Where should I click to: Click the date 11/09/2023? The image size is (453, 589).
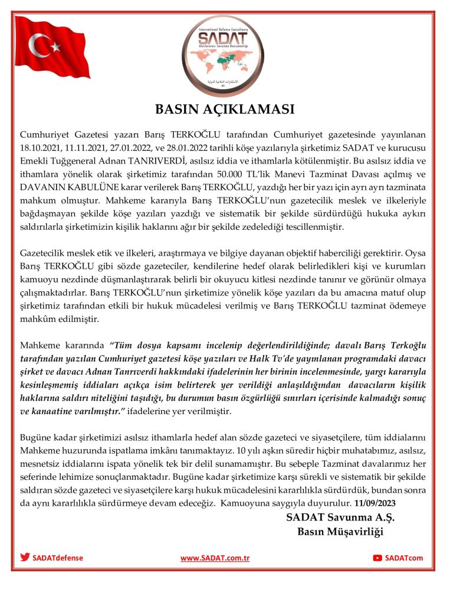[x=376, y=503]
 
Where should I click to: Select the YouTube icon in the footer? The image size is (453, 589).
[x=377, y=558]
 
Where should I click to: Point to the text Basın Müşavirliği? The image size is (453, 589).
[x=340, y=532]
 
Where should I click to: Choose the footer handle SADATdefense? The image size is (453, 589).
[x=58, y=557]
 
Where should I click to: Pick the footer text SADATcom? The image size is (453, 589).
[x=404, y=558]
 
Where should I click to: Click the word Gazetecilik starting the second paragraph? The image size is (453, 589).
[x=46, y=245]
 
